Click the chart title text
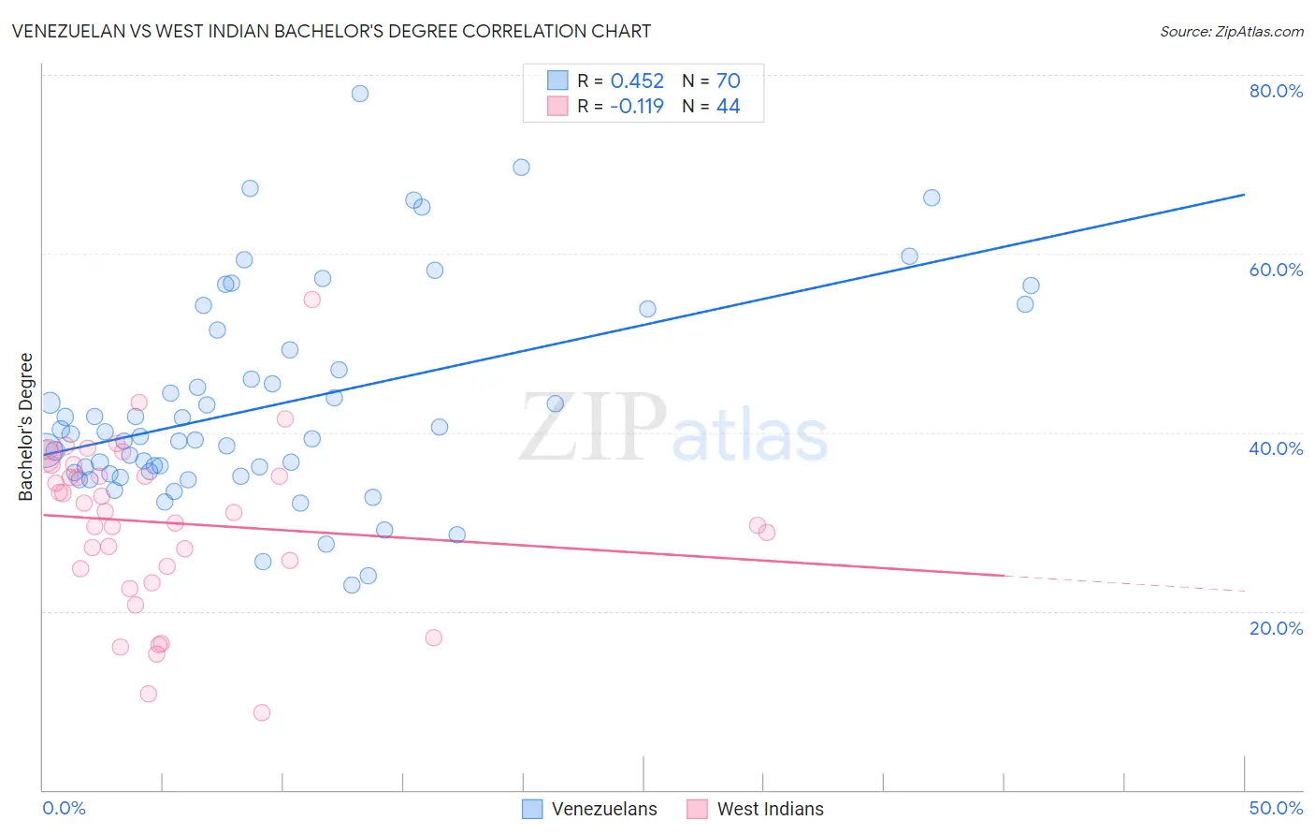[x=331, y=31]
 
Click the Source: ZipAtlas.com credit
[x=1231, y=31]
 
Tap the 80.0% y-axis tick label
[x=1276, y=91]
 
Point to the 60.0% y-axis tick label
[x=1276, y=270]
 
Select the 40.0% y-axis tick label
[x=1276, y=448]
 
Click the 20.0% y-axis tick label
[x=1276, y=628]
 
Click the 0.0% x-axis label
[x=64, y=808]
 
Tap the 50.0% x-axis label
[x=1276, y=808]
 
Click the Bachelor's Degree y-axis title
[x=26, y=427]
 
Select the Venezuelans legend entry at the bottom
[x=603, y=809]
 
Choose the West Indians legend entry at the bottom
[x=770, y=809]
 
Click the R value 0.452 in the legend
[x=637, y=81]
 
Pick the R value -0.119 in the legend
[x=637, y=107]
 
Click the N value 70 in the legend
[x=728, y=81]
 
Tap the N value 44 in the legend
[x=728, y=107]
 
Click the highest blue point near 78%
[x=360, y=94]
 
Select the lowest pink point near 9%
[x=262, y=712]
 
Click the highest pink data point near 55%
[x=312, y=300]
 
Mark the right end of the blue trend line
[x=1244, y=195]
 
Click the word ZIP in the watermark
[x=593, y=428]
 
